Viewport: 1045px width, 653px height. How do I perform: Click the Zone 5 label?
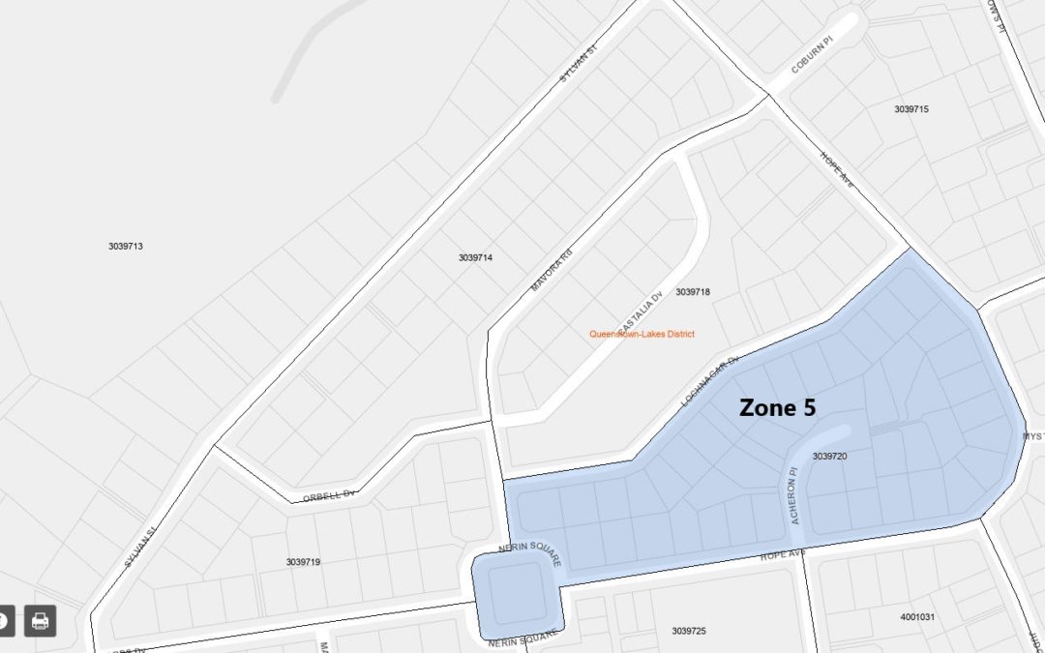click(777, 408)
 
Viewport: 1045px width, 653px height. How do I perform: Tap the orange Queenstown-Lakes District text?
click(642, 335)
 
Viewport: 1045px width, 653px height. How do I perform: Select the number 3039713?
click(126, 247)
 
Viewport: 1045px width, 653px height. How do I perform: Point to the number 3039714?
click(475, 258)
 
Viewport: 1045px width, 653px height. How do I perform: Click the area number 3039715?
click(911, 109)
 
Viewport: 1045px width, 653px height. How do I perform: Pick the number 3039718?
click(693, 292)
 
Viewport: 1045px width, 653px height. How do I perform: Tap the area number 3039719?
click(303, 562)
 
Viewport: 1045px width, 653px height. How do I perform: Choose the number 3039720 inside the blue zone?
click(829, 456)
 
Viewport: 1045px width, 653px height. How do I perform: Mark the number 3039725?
click(689, 631)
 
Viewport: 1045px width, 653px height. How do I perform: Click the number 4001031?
click(917, 616)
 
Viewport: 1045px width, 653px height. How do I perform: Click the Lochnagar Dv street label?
click(710, 380)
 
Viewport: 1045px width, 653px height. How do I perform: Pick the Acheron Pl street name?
click(794, 495)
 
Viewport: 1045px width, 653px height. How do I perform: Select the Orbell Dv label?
click(329, 494)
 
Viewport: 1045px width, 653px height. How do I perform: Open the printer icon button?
click(40, 621)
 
